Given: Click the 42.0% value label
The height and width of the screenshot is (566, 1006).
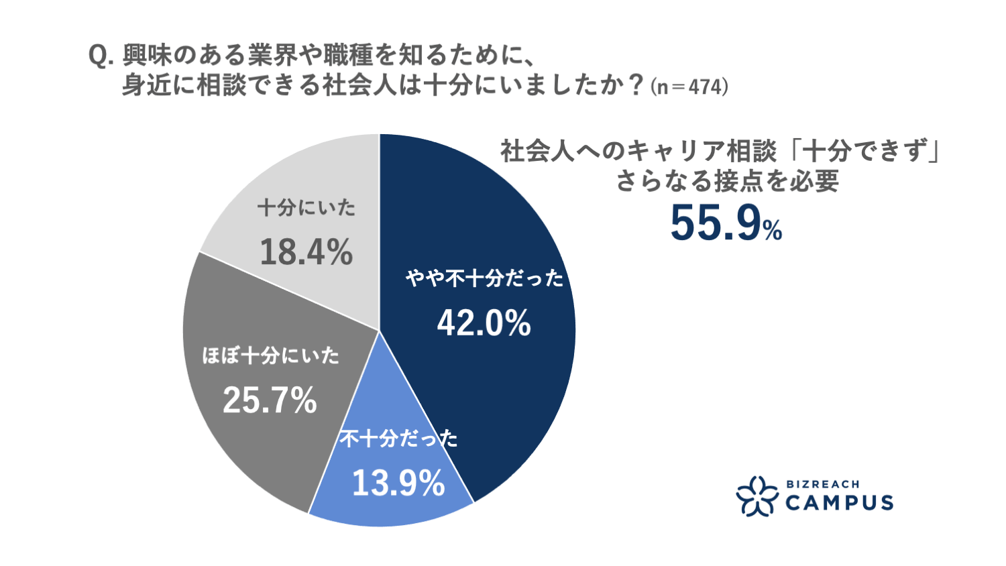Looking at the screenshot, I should [484, 324].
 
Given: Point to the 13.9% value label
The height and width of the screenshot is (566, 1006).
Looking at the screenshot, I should [398, 483].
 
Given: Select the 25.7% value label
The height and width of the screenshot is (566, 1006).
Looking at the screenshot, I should [270, 401].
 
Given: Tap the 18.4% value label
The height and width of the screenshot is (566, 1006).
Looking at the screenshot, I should [306, 253].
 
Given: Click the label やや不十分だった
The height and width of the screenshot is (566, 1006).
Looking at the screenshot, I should [484, 278].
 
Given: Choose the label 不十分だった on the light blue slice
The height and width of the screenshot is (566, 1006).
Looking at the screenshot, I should [398, 439].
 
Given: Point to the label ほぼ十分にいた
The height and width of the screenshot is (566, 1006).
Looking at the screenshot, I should [271, 355].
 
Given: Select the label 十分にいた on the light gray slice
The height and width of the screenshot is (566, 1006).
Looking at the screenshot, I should [306, 208].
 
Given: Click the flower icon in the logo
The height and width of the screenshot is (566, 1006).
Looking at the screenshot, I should [757, 496].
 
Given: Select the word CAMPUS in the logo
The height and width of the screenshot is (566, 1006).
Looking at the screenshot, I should [838, 502].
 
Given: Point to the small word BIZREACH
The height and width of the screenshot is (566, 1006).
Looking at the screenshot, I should [822, 484].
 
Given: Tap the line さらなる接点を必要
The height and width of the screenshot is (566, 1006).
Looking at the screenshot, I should [727, 182].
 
